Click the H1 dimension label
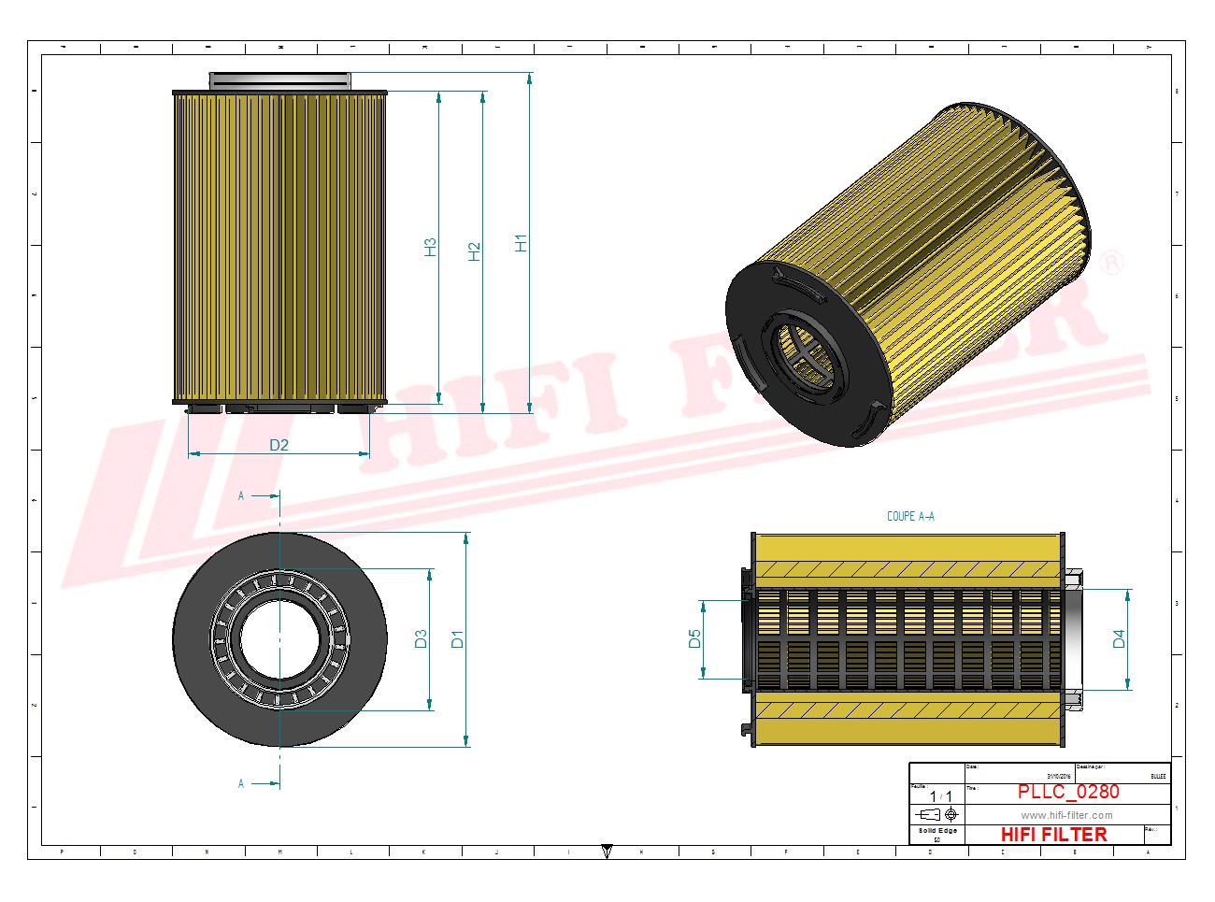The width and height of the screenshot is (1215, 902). pos(522,242)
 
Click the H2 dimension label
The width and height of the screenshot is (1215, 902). pos(475,251)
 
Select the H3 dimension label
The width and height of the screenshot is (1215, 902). pos(431,247)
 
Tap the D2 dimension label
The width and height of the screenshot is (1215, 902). pos(279,445)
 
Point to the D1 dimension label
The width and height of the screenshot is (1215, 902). pos(457,639)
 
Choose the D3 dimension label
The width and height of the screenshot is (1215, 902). pos(422,638)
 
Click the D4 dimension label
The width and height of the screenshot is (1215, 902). pos(1119,638)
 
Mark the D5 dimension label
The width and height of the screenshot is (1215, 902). pos(694,638)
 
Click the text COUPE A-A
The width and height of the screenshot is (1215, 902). pos(909,516)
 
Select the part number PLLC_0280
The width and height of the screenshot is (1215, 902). pos(1068,792)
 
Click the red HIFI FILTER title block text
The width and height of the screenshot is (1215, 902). pos(1053,834)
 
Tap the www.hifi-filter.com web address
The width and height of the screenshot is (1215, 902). pos(1066,815)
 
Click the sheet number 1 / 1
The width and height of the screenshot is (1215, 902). pos(940,796)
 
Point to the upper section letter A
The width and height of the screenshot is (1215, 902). pos(241,495)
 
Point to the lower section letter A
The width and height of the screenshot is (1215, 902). pos(241,783)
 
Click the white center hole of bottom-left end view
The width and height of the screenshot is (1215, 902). pos(279,639)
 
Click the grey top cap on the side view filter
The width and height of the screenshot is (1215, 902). pos(279,81)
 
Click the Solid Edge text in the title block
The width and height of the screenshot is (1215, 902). pos(936,830)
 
